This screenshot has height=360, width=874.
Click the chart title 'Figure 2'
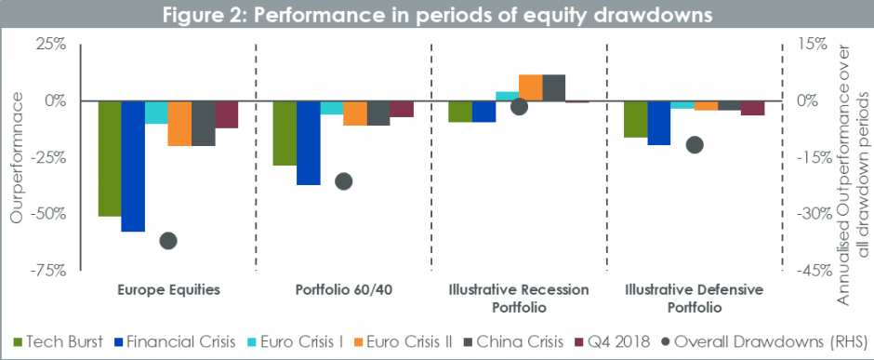click(x=436, y=16)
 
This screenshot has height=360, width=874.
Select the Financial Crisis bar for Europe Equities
click(x=133, y=166)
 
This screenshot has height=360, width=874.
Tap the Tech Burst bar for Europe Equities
click(x=110, y=158)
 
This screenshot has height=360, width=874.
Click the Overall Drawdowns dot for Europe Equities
click(x=168, y=241)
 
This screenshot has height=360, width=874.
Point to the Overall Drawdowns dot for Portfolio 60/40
click(x=343, y=181)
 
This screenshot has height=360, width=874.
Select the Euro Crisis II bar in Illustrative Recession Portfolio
click(x=530, y=87)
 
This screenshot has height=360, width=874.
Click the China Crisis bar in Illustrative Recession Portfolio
click(x=553, y=87)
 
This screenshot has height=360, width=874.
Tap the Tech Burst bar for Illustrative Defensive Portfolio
click(x=635, y=119)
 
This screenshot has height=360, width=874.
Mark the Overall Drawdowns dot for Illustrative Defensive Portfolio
click(x=694, y=144)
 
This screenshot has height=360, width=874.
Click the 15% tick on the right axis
click(x=811, y=44)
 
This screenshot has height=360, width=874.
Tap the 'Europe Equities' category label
click(x=168, y=289)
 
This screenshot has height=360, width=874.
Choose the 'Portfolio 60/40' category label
click(x=343, y=289)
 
